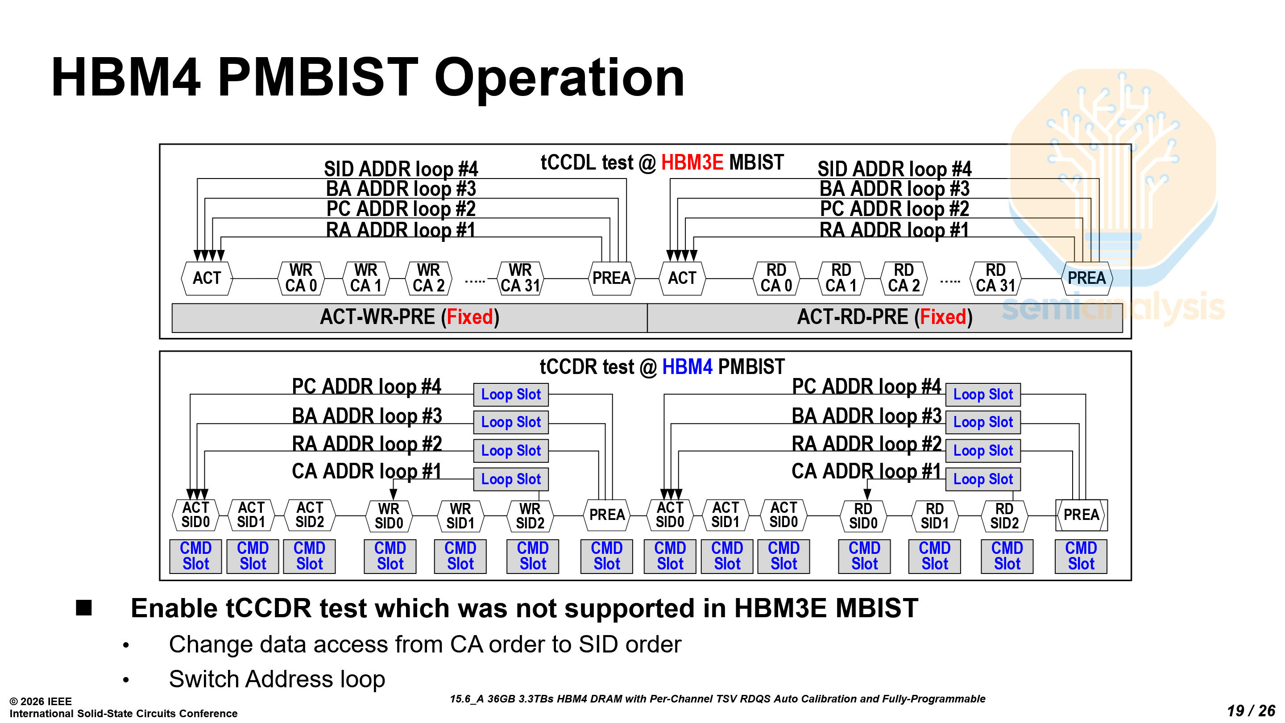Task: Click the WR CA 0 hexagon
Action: (x=301, y=278)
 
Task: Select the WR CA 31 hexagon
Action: (x=520, y=278)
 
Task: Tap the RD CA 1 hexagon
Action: (x=841, y=278)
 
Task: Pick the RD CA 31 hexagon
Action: (x=995, y=278)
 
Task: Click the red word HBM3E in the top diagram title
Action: (x=692, y=162)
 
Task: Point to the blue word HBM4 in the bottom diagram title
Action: (x=687, y=367)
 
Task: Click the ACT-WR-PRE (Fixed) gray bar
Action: (x=409, y=317)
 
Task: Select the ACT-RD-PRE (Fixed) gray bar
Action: (x=884, y=317)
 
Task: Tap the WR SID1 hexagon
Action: (x=460, y=515)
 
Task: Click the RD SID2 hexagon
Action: (x=1004, y=515)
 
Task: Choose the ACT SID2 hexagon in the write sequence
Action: (x=310, y=515)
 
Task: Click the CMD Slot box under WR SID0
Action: (x=390, y=556)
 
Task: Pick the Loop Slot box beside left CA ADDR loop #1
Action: (x=511, y=479)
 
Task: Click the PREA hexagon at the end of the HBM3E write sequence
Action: (x=611, y=278)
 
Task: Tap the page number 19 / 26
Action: (x=1251, y=711)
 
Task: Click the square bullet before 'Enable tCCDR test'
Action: (x=84, y=608)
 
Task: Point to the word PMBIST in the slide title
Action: (x=318, y=77)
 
